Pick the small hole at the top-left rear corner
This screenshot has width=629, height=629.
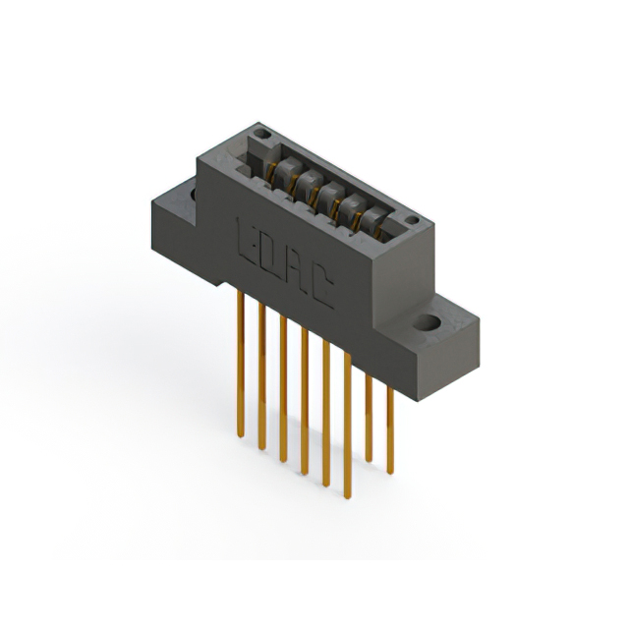click(259, 131)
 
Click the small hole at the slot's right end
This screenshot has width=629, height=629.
click(413, 220)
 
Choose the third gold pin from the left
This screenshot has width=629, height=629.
click(283, 393)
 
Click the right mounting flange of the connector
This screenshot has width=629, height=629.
click(442, 334)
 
